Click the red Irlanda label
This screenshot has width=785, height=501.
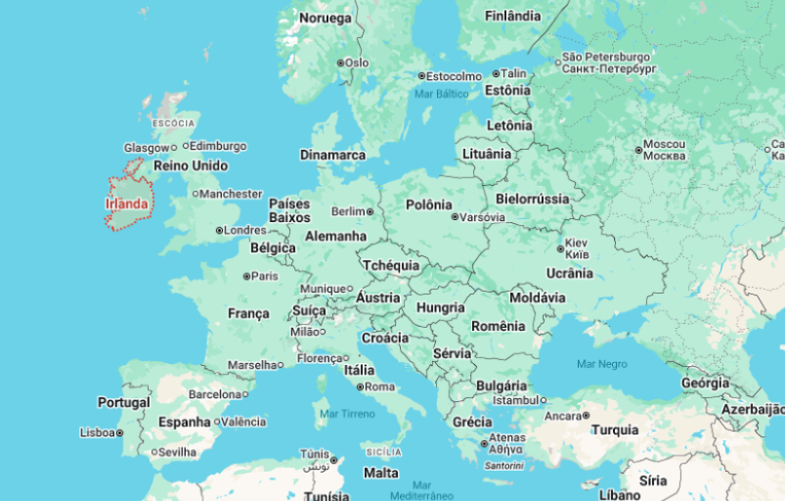[127, 204]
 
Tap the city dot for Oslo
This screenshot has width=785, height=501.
[340, 63]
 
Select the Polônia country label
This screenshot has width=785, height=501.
[430, 205]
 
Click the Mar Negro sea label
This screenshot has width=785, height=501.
[601, 363]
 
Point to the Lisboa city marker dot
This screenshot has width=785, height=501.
[120, 433]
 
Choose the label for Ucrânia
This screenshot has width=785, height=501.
[569, 273]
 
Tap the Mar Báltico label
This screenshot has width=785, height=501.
[441, 94]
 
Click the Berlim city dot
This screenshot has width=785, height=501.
[371, 211]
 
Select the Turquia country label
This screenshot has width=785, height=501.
[615, 430]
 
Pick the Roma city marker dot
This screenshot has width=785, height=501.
[361, 387]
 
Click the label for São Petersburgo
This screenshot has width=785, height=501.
[606, 57]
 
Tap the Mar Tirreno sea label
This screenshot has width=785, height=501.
[347, 414]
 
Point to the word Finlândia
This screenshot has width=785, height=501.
[512, 16]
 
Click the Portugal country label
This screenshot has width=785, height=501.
[123, 402]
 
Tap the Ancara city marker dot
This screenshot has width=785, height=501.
[587, 416]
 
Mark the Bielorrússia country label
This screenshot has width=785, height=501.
[532, 199]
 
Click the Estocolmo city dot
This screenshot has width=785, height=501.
[421, 76]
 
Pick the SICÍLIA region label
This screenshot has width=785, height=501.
[383, 452]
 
